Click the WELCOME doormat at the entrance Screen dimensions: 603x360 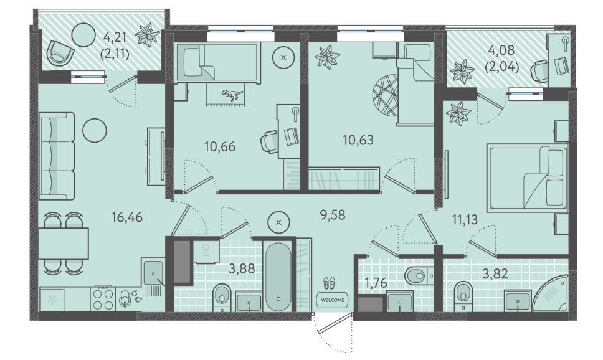click(x=333, y=300)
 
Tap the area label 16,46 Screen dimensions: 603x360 click(x=127, y=217)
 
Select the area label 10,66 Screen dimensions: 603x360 click(x=220, y=146)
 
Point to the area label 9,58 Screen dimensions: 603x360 click(x=333, y=215)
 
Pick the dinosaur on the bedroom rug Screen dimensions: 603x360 click(x=232, y=94)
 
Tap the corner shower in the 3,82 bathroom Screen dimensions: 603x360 click(x=550, y=293)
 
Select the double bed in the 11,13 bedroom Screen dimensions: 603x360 click(x=527, y=178)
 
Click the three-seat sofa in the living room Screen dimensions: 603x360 click(x=57, y=156)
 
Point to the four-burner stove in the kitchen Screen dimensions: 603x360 click(x=103, y=299)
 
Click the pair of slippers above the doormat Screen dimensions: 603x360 click(x=330, y=283)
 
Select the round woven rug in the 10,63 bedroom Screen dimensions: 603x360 click(x=385, y=95)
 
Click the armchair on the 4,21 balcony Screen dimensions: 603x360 click(x=60, y=54)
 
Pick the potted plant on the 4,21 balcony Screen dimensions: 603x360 click(x=147, y=35)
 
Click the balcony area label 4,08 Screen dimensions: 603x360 click(x=501, y=50)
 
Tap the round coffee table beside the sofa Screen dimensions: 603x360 click(x=95, y=130)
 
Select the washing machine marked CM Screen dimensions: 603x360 click(x=207, y=250)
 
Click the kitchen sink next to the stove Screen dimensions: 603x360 click(x=153, y=272)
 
